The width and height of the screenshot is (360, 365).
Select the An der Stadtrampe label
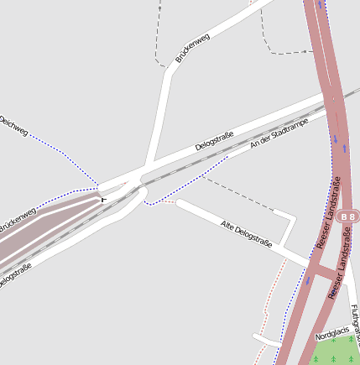(x=279, y=134)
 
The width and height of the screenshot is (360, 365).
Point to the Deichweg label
(x=13, y=127)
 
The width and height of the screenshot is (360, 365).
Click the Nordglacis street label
(x=330, y=333)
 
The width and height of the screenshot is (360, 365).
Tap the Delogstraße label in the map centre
(x=214, y=142)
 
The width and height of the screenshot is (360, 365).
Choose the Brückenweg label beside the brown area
(x=17, y=221)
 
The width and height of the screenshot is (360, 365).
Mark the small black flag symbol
(x=103, y=199)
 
